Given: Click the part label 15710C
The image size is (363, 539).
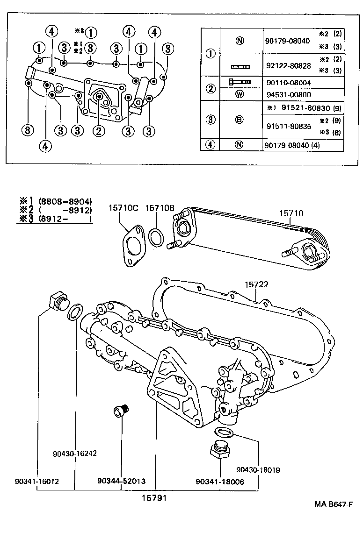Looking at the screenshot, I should [123, 208].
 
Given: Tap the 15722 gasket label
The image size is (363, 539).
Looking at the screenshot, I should [258, 284].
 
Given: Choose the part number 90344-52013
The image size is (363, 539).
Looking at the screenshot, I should [121, 481].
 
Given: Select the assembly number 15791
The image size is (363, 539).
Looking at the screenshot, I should [154, 498].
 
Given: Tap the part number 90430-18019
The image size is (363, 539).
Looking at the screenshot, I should [258, 470].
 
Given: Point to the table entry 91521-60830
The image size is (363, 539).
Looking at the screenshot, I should [305, 108].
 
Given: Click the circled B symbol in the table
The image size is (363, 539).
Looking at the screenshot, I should [239, 120].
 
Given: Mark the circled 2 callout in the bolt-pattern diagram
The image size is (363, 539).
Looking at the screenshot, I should [98, 131].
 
